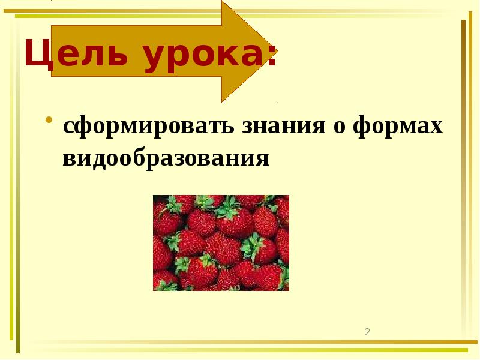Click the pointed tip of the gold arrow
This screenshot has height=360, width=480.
277,50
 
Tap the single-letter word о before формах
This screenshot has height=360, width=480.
338,128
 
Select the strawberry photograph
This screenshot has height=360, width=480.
221,242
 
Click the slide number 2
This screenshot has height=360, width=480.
368,332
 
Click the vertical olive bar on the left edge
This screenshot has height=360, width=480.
18,180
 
